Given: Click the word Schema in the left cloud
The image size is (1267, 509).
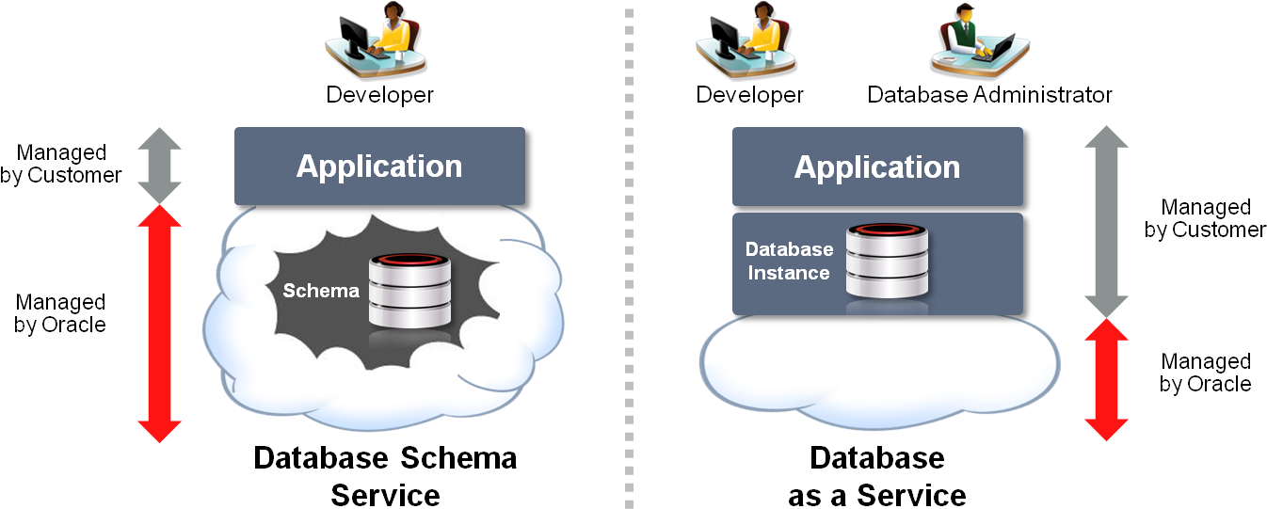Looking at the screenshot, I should click(321, 291).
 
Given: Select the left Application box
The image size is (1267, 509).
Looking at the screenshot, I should click(379, 167).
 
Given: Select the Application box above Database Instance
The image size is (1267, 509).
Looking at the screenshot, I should click(877, 167).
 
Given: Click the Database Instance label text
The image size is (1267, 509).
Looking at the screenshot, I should click(789, 262).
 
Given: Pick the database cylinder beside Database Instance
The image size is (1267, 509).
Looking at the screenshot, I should click(887, 262).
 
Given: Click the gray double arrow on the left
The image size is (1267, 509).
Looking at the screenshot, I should click(159, 166).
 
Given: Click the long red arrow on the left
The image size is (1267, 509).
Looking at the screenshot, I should click(159, 324).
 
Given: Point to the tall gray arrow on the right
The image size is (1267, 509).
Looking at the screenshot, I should click(1106, 221).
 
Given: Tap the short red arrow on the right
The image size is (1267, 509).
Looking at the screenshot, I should click(1106, 380).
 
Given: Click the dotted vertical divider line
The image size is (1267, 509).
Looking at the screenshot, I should click(629, 254).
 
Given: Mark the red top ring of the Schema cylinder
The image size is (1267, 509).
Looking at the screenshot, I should click(410, 261).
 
